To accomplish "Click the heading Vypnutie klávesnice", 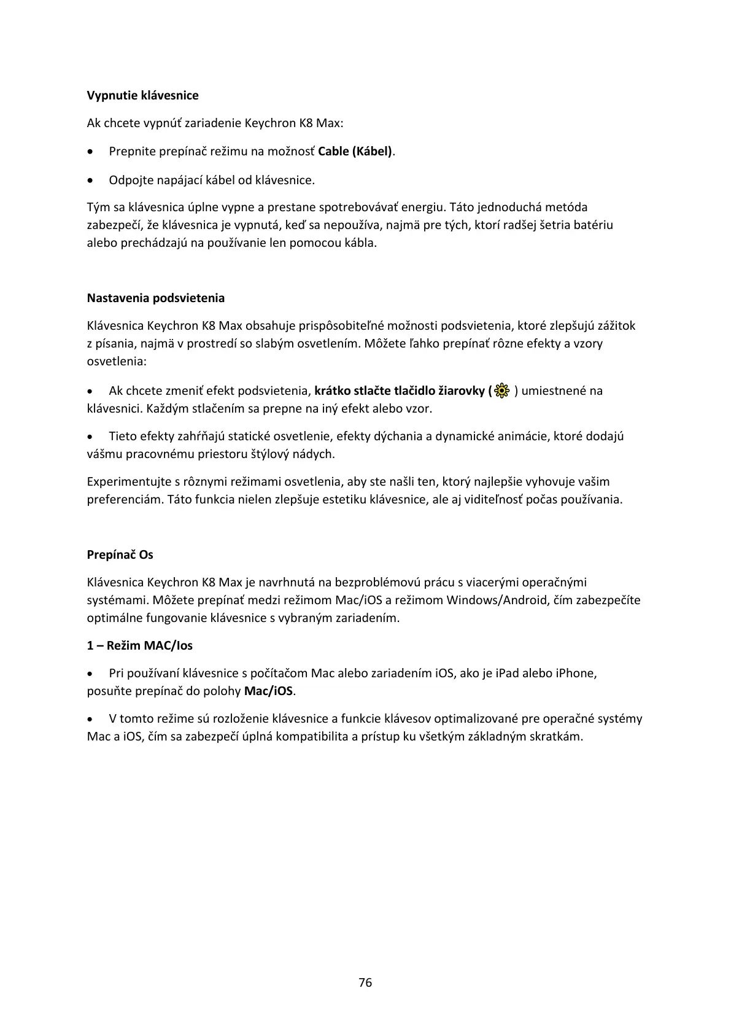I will pos(142,95).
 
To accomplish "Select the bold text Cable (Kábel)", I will pos(355,151).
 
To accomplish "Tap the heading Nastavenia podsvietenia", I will pos(155,298).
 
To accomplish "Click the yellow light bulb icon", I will pos(502,391).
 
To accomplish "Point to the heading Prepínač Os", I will pos(120,554).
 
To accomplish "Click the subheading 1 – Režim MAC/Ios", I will pos(139,645).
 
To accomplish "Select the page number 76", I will pos(365,982).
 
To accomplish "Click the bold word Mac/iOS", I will pos(268,691).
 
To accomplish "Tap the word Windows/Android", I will pos(497,600).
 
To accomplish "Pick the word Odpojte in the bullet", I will pos(130,180).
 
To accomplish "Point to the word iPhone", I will pos(576,673).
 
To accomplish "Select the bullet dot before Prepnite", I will pos(91,152).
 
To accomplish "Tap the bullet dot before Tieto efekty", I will pos(91,437).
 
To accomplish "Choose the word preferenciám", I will pos(125,499).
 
